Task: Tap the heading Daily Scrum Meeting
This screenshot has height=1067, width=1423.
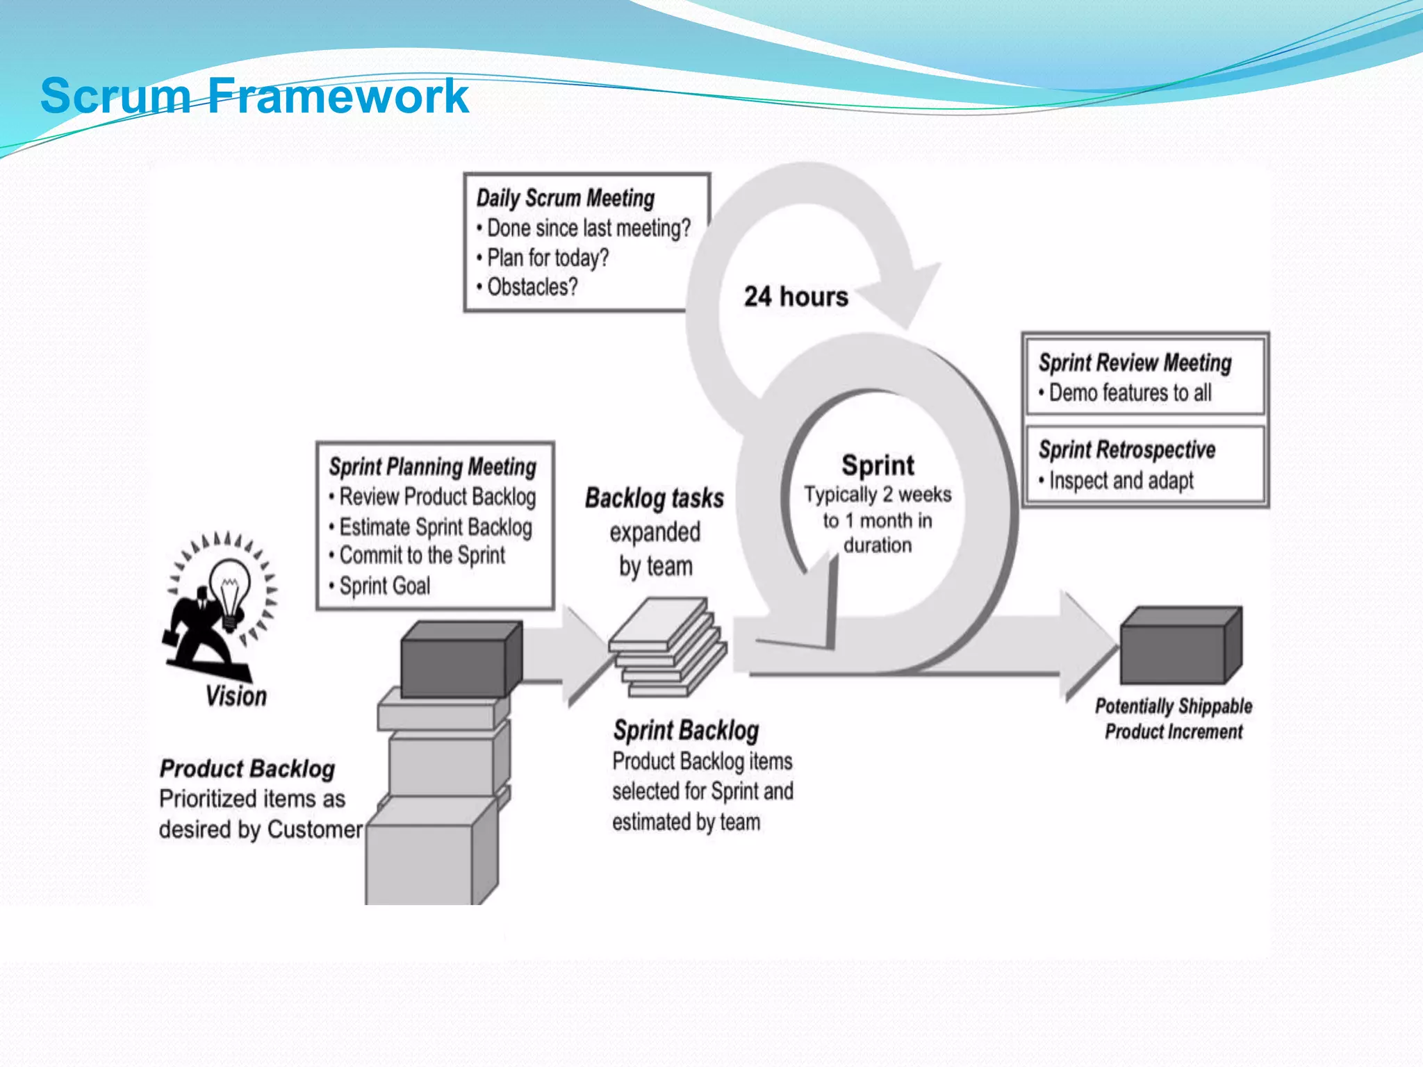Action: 565,198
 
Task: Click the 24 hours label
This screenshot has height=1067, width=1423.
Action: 796,297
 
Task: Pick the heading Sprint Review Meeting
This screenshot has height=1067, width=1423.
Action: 1135,363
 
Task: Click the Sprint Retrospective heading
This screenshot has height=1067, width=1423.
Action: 1127,449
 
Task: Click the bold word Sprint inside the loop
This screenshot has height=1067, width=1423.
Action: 878,465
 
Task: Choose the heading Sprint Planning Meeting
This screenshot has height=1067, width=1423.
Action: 432,467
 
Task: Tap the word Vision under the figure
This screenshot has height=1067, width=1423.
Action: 236,696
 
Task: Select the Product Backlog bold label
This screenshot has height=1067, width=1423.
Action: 247,769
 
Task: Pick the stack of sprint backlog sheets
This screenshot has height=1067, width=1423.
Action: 667,646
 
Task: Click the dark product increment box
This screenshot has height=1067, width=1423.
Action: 1180,646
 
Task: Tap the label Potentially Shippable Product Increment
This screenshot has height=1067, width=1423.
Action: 1174,719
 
